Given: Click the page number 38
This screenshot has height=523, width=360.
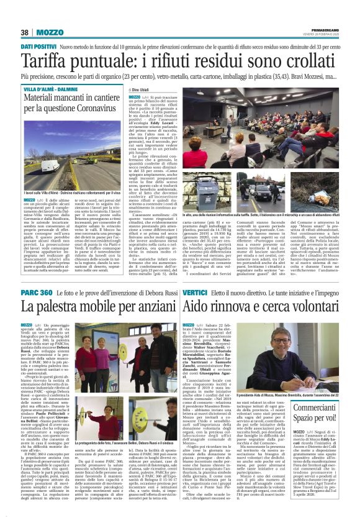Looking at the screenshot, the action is [x=25, y=32].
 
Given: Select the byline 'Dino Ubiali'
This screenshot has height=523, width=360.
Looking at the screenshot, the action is [x=143, y=90].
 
